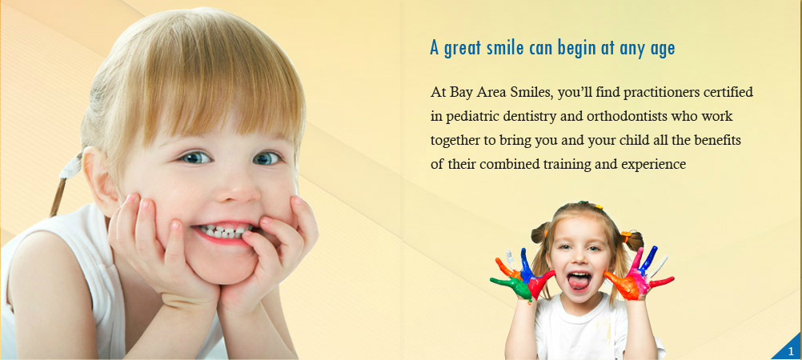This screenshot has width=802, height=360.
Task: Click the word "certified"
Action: coord(728,93)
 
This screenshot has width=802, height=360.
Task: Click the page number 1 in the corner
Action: coord(791,350)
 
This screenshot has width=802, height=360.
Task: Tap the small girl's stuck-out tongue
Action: coord(579,282)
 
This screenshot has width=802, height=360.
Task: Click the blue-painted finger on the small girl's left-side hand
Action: coord(525,262)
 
